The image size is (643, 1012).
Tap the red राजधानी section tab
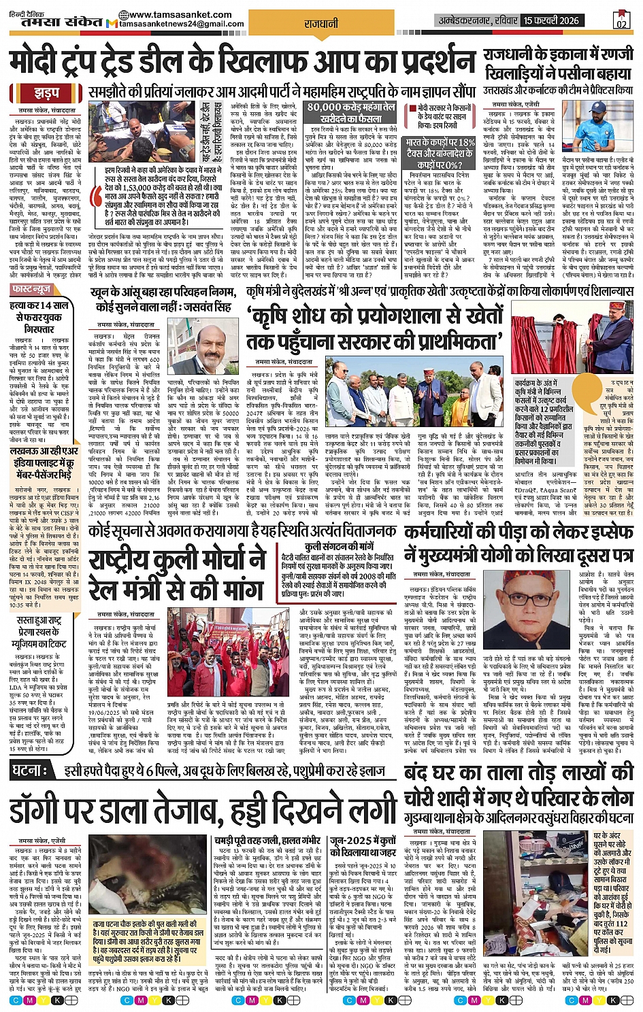(321, 24)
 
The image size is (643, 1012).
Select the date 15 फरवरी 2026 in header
(552, 20)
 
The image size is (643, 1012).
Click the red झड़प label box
(46, 92)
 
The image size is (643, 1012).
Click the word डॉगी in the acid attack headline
(50, 809)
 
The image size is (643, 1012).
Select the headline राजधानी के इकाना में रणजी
(558, 55)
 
